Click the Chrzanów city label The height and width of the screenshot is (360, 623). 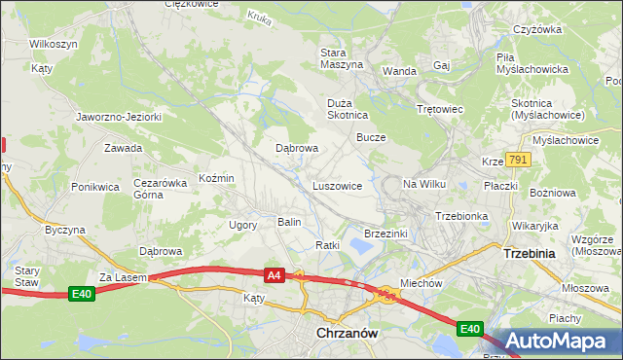[347, 333]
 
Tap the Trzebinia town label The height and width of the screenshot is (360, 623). [530, 253]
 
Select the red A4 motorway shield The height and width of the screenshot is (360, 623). [275, 276]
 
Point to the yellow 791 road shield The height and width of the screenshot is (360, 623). [517, 160]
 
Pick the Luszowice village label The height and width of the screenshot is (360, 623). [338, 185]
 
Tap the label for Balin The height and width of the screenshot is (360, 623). [289, 223]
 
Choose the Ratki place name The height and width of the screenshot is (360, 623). [327, 245]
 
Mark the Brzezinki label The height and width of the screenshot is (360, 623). [385, 234]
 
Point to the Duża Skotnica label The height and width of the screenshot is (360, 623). [346, 107]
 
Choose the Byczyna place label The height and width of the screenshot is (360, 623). [65, 231]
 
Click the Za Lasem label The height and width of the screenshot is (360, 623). [122, 277]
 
